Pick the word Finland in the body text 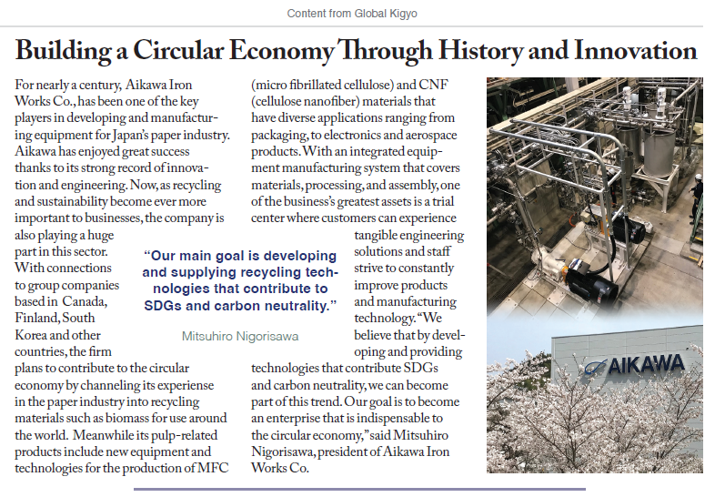click(x=39, y=318)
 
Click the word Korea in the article click(x=35, y=334)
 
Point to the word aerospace click(x=427, y=135)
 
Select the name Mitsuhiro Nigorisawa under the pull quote click(x=240, y=336)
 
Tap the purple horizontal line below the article click(x=359, y=490)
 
